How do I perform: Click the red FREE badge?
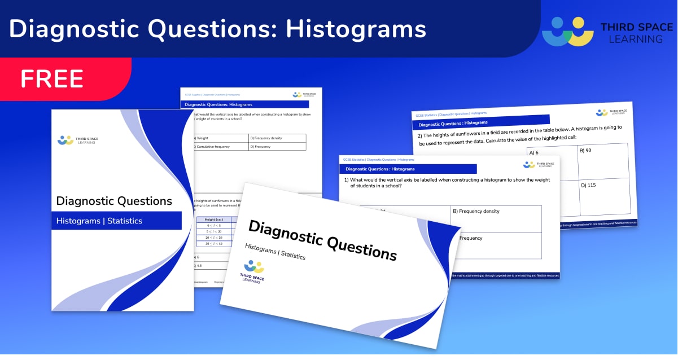tap(52, 79)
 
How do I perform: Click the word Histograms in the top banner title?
tap(356, 29)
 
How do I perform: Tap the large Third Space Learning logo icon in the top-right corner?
tap(567, 32)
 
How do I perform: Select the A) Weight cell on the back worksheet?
tap(220, 138)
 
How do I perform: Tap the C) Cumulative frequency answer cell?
tap(220, 147)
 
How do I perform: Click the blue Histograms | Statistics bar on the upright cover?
tap(117, 221)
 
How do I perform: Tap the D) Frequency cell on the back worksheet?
tap(277, 147)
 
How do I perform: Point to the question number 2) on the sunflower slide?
tap(420, 135)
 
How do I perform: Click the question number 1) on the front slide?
tap(347, 179)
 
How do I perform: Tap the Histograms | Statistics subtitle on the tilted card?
tap(275, 252)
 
